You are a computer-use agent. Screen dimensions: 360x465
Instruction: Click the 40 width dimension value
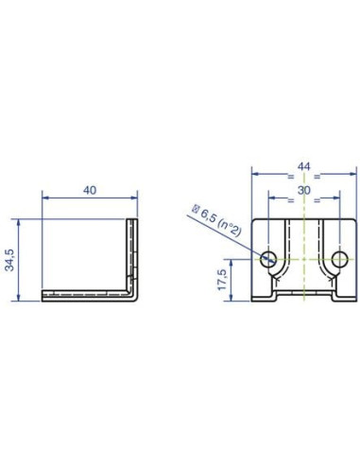[x=90, y=190]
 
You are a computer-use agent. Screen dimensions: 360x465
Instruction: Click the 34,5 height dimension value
[x=9, y=260]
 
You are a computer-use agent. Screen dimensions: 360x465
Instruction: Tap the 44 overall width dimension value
[x=304, y=166]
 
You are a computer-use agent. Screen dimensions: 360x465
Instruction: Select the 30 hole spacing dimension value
[x=304, y=190]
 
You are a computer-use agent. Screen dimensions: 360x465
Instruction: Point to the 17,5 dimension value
[x=222, y=280]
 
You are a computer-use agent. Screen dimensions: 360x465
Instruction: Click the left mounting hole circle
[x=268, y=260]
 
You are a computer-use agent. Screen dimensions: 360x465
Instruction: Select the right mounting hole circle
[x=339, y=260]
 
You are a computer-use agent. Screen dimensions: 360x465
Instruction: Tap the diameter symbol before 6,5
[x=196, y=209]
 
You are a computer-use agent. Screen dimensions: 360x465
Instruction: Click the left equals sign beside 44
[x=290, y=177]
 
